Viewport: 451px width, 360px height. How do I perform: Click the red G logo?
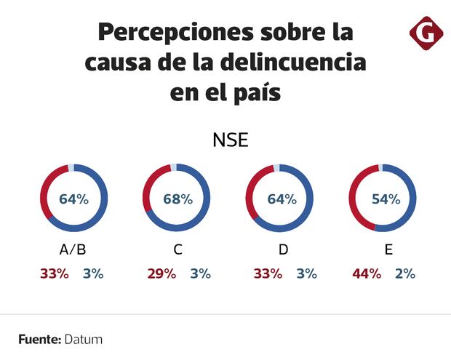coord(423,35)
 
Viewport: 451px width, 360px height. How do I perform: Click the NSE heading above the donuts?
coord(230,140)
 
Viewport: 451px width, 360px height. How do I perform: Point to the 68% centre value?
coord(177,199)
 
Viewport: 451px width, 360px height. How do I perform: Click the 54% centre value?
coord(386,199)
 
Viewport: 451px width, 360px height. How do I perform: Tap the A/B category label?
coord(73,250)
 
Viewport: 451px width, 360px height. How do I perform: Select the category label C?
coord(177,250)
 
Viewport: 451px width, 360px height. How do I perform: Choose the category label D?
coord(283,250)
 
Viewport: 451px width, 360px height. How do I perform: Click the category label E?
coord(388,250)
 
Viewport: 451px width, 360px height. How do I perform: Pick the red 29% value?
coord(161,274)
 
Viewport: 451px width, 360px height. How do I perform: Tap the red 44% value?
coord(367,274)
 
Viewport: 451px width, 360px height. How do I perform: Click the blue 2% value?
coord(405,274)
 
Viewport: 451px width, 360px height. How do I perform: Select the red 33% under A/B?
coord(55,274)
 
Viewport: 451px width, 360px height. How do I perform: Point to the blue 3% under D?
coord(306,274)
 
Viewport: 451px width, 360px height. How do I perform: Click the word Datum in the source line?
coord(83,340)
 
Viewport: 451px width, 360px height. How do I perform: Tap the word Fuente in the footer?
coord(39,340)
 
